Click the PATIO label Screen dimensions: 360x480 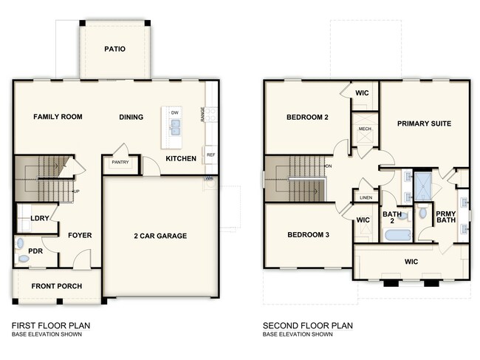click(114, 50)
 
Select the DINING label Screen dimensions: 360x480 click(131, 117)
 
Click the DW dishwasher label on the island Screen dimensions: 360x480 click(174, 112)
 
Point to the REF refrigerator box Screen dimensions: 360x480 click(210, 154)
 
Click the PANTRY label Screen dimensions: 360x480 click(120, 162)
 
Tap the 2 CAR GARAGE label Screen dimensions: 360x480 click(161, 236)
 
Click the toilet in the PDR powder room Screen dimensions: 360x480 click(20, 243)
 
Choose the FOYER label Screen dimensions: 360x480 click(79, 236)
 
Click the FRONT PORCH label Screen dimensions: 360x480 click(56, 286)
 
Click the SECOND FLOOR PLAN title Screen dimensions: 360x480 click(308, 325)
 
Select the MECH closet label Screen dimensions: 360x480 click(365, 129)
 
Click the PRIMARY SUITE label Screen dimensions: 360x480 click(424, 123)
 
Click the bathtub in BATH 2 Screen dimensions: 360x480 click(398, 235)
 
